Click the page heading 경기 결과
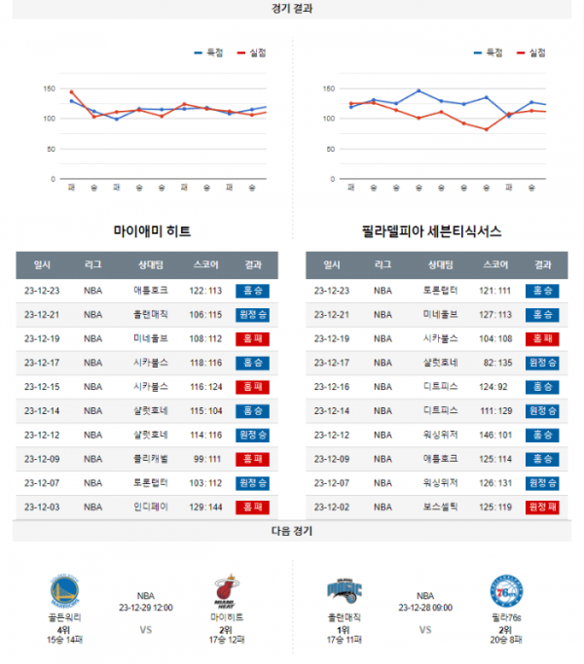(x=292, y=9)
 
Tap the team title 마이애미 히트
(x=152, y=231)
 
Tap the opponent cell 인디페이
(x=151, y=507)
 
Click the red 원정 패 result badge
(x=540, y=507)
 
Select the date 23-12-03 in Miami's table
(x=42, y=507)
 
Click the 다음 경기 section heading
(x=292, y=532)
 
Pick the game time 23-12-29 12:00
(x=145, y=607)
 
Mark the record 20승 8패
(x=506, y=640)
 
